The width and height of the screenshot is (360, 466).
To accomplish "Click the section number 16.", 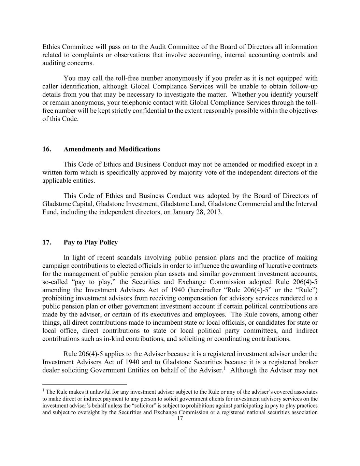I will point(47,149).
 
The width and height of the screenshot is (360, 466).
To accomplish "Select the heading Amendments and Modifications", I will point(112,149).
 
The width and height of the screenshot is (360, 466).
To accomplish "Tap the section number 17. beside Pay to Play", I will point(47,242).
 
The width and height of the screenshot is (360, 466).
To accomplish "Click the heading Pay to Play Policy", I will point(90,242).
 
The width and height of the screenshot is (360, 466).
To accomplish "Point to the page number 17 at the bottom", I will point(180,419).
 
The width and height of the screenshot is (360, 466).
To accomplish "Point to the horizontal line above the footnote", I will point(84,384).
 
